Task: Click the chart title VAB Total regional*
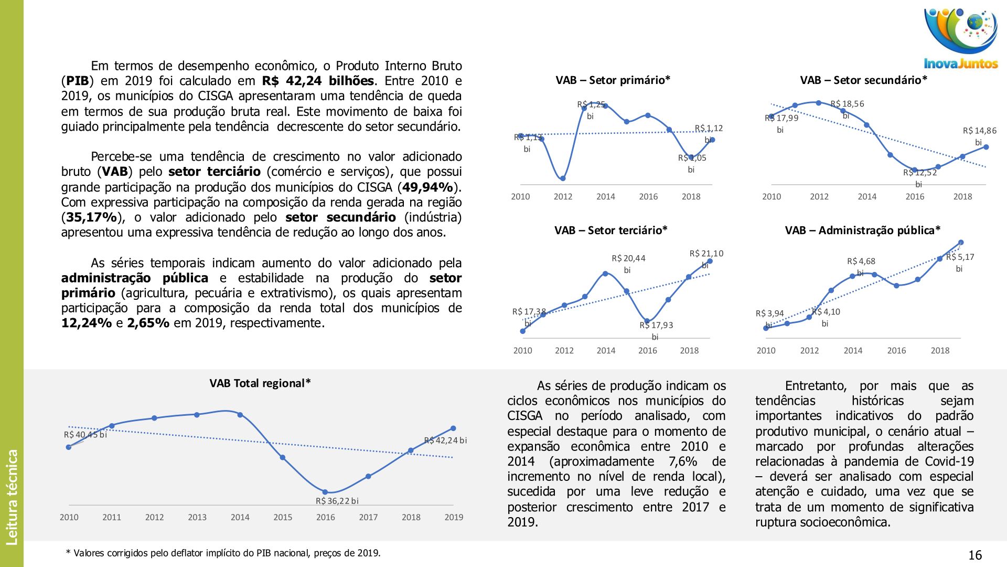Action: [260, 383]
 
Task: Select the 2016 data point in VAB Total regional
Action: [325, 492]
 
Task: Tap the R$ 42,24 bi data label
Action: [445, 440]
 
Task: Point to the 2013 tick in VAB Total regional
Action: [197, 517]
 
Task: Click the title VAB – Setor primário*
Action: [613, 80]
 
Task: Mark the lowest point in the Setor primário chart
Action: [563, 178]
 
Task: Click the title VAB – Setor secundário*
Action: [863, 80]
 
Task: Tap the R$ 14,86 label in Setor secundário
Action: [979, 131]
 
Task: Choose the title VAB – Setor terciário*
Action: [610, 230]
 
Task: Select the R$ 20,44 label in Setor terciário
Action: [628, 258]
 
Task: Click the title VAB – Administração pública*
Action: [862, 230]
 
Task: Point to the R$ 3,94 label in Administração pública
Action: [769, 313]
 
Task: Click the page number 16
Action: [974, 555]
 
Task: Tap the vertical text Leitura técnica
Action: [12, 497]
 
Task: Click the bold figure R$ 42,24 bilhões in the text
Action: [318, 81]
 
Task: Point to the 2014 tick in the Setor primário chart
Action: [605, 196]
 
